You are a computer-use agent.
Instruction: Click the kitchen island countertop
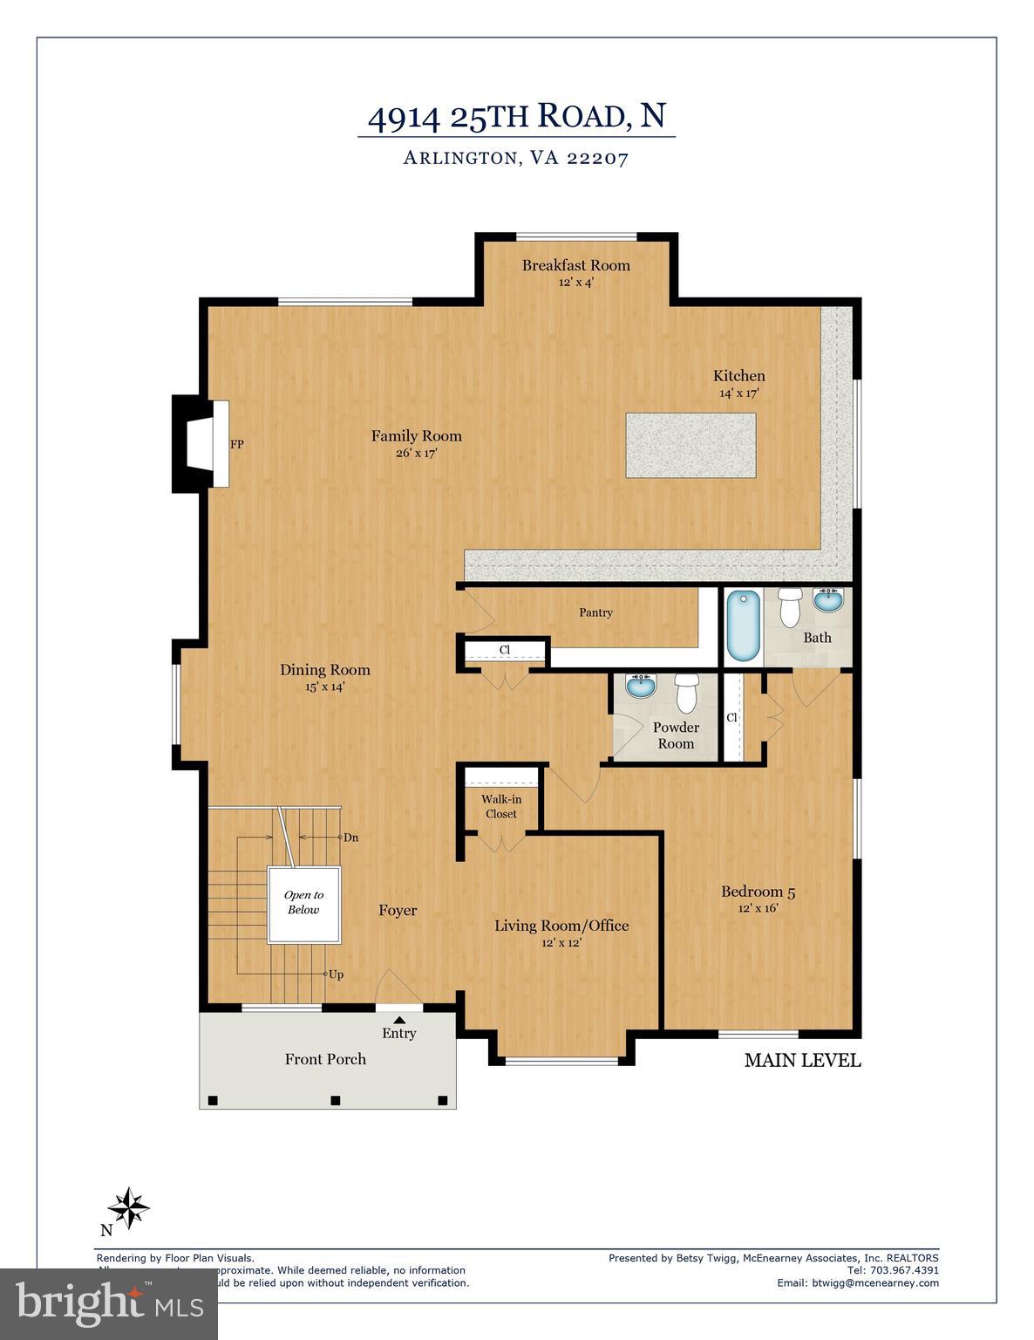[x=690, y=445]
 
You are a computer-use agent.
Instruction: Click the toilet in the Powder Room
[x=687, y=693]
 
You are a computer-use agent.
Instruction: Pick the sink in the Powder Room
[x=643, y=687]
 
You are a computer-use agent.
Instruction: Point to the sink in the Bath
[x=827, y=600]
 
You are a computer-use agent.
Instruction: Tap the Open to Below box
[x=303, y=904]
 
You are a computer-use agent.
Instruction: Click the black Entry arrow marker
[x=399, y=1018]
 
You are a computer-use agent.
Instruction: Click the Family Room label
[x=416, y=436]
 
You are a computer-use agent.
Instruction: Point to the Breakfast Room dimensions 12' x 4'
[x=575, y=283]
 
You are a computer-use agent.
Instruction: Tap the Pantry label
[x=595, y=612]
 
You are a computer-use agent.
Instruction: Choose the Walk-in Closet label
[x=500, y=806]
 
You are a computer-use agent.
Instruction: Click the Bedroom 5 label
[x=758, y=892]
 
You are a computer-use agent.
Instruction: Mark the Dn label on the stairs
[x=350, y=837]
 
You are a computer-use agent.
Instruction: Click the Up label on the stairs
[x=335, y=974]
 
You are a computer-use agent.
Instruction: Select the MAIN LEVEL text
[x=802, y=1061]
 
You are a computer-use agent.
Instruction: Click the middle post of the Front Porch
[x=335, y=1099]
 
